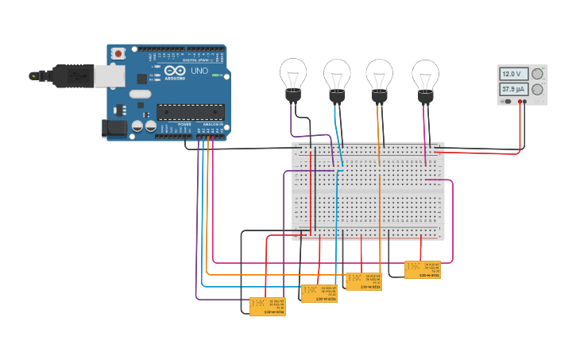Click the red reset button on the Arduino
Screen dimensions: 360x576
pos(118,54)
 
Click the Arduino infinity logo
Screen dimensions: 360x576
pos(170,72)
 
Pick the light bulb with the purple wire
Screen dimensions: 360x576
pos(293,78)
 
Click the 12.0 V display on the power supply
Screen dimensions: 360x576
pos(513,74)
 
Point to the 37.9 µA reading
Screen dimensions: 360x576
pos(513,90)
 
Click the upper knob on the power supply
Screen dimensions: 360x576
pos(538,74)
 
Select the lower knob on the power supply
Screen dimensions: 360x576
pos(538,90)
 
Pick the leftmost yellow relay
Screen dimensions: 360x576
pos(267,306)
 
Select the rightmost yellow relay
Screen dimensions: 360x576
pos(422,269)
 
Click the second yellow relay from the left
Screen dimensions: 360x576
pos(319,293)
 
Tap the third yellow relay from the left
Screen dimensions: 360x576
pos(364,281)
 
